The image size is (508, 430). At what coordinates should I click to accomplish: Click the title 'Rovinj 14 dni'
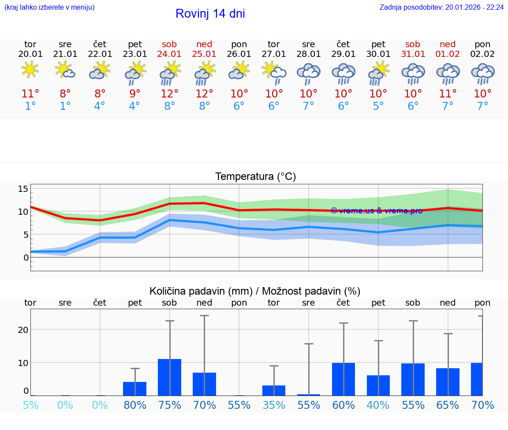[210, 14]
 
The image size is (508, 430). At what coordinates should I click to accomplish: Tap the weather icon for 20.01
[30, 70]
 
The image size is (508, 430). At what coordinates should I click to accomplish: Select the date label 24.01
[169, 54]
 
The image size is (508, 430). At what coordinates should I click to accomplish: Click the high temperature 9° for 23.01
[134, 94]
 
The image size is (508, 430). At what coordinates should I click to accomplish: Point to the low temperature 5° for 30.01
[378, 106]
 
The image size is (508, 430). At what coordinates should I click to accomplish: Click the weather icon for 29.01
[343, 73]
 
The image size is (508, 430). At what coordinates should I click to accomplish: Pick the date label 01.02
[448, 54]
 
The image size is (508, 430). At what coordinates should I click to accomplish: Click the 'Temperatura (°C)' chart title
[255, 177]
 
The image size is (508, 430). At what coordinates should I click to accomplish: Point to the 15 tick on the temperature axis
[23, 189]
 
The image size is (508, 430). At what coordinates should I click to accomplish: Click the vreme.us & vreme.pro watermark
[376, 211]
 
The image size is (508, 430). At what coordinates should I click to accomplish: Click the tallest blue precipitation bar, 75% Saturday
[169, 377]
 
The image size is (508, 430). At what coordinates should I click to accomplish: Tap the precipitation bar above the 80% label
[134, 389]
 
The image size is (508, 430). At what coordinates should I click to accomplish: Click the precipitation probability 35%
[274, 405]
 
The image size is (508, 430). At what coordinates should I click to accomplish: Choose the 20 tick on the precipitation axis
[23, 330]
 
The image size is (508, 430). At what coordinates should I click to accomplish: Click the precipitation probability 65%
[448, 405]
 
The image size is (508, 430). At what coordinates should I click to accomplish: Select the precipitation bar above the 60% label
[343, 379]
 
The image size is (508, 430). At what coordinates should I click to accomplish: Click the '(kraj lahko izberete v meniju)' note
[49, 7]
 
